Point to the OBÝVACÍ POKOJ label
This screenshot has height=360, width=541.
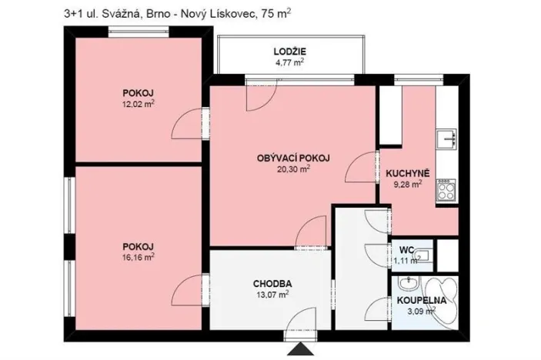pos(293,158)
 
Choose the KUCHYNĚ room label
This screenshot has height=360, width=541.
pos(407,173)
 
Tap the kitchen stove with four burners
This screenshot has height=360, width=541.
pos(446,190)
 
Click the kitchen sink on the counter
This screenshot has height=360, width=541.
pos(446,140)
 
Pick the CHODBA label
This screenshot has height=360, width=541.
pos(272,282)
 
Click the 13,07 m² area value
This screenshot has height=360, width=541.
pos(272,293)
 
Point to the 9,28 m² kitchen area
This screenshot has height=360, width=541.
pos(407,184)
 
